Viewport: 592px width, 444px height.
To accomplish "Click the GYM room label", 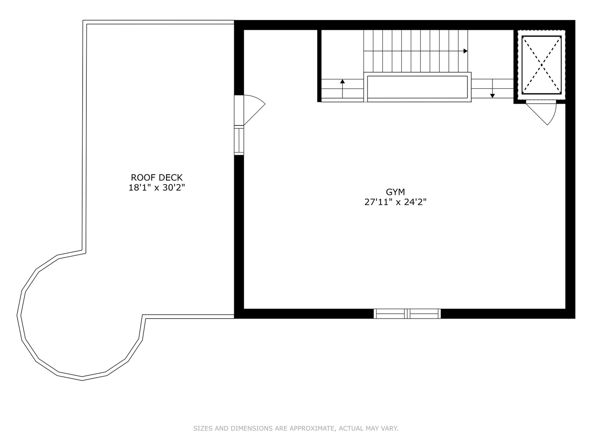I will (x=395, y=192).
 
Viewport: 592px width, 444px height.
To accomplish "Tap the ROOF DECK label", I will (x=157, y=178).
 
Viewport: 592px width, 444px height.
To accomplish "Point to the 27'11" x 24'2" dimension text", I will (x=395, y=202).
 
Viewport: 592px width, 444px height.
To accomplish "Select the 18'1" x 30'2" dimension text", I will (x=157, y=188).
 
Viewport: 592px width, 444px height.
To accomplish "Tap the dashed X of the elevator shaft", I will (x=541, y=65).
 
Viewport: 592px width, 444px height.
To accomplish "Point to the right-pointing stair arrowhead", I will (x=465, y=51).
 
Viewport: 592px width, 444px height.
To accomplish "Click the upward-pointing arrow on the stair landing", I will (x=342, y=82).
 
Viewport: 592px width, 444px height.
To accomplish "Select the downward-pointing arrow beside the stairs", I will (x=492, y=96).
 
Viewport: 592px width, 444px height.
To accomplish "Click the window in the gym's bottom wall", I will (x=407, y=314).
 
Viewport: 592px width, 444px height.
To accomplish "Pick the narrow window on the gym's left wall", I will (x=239, y=141).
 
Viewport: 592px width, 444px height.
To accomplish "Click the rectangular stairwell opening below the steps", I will (x=417, y=87).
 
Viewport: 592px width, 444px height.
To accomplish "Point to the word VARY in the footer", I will (x=390, y=428).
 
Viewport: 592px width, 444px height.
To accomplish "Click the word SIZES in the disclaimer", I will (x=203, y=428).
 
